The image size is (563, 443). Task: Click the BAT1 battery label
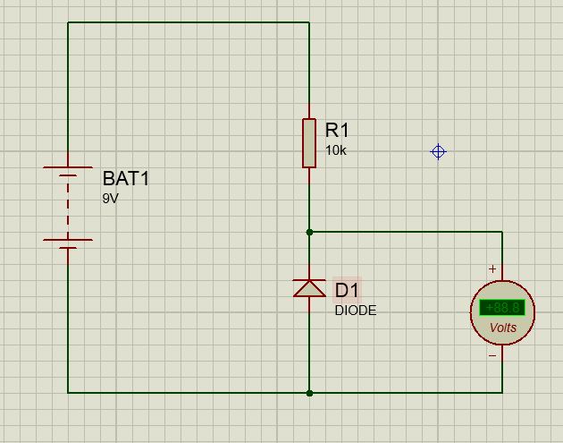(126, 179)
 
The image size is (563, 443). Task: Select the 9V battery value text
(110, 199)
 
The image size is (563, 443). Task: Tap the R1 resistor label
(337, 131)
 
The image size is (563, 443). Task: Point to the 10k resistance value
(335, 150)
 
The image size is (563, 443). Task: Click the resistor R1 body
(309, 142)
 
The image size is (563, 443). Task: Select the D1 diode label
(347, 290)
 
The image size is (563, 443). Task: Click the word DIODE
(356, 311)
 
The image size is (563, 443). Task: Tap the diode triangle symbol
(309, 287)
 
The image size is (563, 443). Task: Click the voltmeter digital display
(502, 308)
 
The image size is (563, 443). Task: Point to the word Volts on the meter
(503, 328)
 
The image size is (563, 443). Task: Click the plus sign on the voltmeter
(492, 268)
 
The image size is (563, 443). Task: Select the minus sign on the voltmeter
(492, 355)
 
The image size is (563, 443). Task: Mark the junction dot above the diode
(309, 232)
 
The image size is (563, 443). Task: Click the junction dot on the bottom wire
(309, 392)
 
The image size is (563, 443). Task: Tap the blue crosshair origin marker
(438, 152)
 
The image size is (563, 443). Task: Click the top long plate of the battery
(68, 167)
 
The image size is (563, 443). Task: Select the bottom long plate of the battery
(68, 240)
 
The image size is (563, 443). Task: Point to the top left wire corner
(68, 23)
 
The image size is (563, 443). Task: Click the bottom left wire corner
(68, 392)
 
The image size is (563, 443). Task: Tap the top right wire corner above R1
(309, 23)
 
